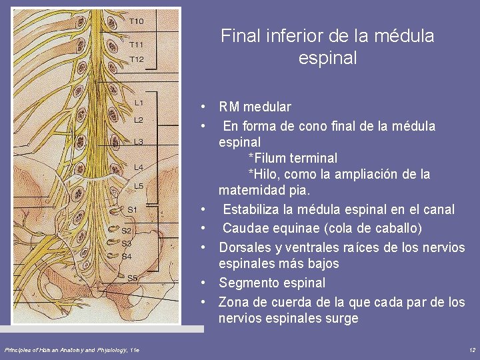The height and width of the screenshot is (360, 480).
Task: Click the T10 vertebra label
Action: pos(136,21)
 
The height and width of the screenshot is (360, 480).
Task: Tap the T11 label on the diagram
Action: pos(136,45)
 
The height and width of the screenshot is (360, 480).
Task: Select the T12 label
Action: pos(136,59)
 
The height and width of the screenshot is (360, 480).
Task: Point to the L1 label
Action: pos(139,103)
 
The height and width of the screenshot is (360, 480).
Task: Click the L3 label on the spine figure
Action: pos(139,141)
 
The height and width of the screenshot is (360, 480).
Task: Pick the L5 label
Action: pos(139,186)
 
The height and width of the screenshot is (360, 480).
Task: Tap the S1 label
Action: pos(132,209)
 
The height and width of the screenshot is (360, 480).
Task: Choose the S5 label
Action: pos(133,277)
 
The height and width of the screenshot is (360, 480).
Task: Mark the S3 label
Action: pos(127,243)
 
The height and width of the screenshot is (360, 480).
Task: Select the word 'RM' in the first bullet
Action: pos(229,107)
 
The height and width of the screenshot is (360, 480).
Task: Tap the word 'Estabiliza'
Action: pos(253,209)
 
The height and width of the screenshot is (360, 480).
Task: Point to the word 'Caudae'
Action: pos(247,228)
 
